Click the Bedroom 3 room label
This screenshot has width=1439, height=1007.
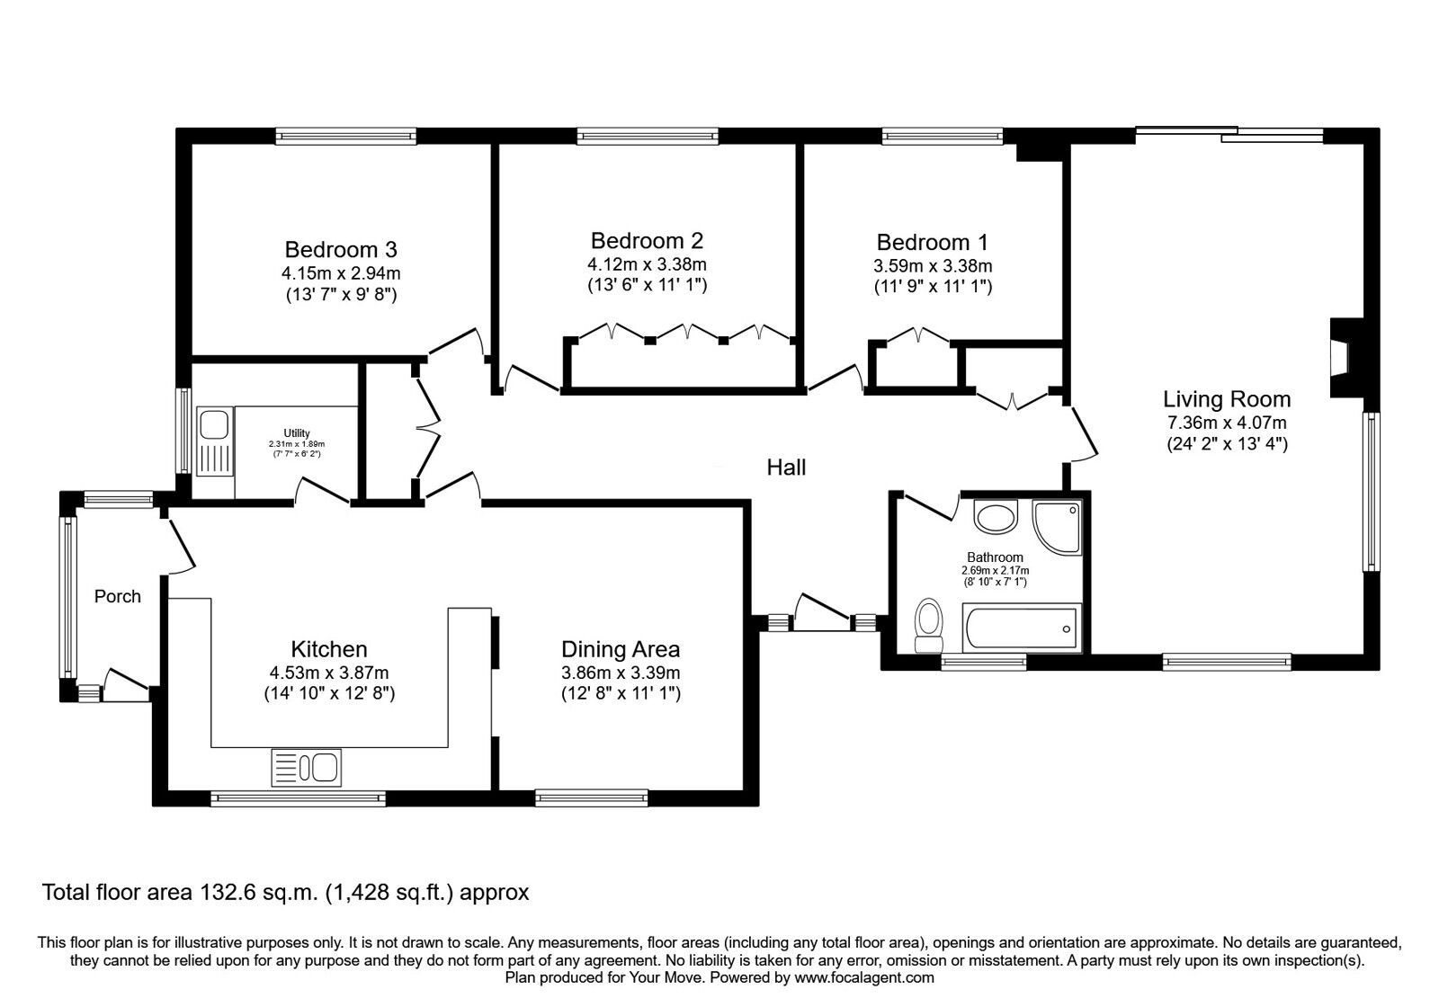point(341,249)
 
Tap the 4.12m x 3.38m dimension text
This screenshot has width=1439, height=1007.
point(647,264)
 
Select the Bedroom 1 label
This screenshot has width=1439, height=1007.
point(932,242)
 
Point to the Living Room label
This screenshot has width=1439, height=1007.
point(1227,399)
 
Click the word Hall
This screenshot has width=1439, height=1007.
point(786,468)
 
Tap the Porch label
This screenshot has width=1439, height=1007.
point(118,597)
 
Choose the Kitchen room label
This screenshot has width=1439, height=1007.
point(329,649)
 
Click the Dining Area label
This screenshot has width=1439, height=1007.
point(621,649)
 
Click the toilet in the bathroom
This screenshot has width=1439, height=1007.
point(929,626)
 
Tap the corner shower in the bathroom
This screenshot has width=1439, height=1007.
point(1057,527)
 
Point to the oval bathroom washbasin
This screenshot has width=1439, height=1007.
point(996,517)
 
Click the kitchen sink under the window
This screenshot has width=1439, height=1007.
point(306,768)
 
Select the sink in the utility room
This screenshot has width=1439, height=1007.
point(214,441)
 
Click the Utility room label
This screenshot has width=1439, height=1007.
point(297,433)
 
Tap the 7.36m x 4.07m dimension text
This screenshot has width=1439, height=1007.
point(1227,423)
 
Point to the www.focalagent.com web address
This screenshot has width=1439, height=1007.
point(864,977)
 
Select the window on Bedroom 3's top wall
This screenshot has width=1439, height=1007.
point(346,136)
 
